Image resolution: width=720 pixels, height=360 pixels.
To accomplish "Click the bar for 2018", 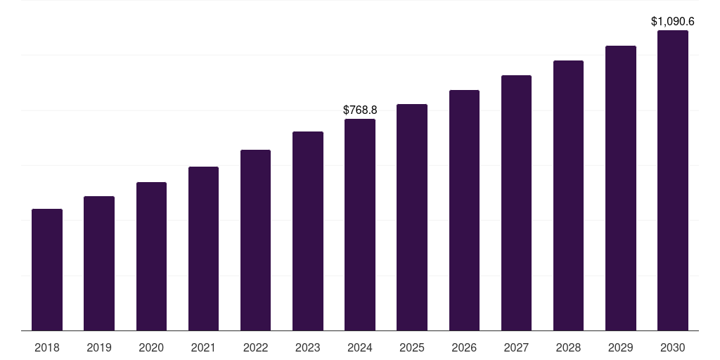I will (x=47, y=270).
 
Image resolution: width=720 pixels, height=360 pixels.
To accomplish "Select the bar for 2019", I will (x=99, y=264).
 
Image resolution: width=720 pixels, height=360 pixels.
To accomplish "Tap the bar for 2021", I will (x=203, y=249).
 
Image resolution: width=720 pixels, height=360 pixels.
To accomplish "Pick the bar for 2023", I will (x=308, y=231).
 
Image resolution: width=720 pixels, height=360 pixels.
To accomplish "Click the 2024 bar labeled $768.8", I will (x=360, y=225).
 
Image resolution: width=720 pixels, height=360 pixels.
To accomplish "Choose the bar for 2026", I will (x=464, y=210).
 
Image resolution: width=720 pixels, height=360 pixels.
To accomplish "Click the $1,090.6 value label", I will (x=673, y=22).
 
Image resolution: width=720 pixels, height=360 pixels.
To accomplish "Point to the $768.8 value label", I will (x=360, y=110).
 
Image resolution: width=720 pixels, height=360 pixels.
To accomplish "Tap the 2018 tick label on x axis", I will (x=47, y=347).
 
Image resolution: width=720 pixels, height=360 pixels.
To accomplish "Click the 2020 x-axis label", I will (x=151, y=347).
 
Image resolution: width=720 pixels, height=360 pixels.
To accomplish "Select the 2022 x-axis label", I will (x=255, y=347).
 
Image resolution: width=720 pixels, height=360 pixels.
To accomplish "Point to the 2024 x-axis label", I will (x=360, y=347).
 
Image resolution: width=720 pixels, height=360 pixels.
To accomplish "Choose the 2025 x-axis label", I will (x=412, y=347).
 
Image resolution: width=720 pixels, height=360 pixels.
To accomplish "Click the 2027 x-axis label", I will (x=516, y=347).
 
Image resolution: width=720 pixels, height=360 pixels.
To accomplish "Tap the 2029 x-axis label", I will (x=621, y=347).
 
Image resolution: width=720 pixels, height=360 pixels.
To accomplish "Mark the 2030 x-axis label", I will (x=673, y=347).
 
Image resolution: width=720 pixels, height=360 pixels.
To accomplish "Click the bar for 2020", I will (x=151, y=257).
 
